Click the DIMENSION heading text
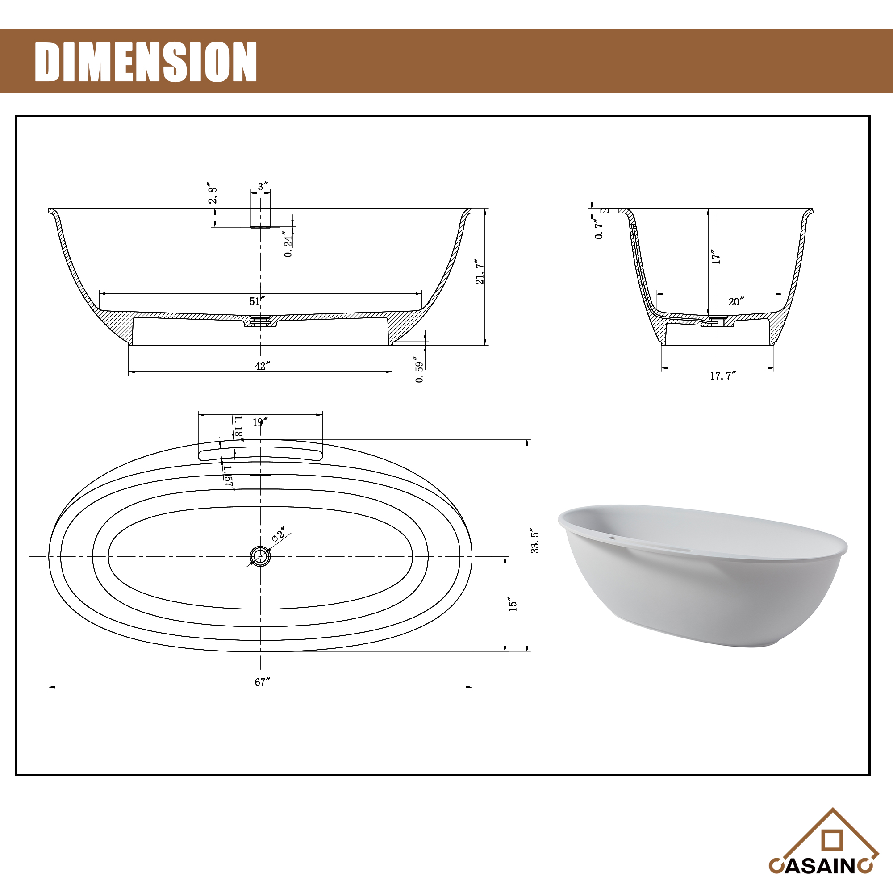pos(146,62)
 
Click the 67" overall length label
pos(262,682)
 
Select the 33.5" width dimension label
pos(535,540)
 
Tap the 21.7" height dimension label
pos(480,272)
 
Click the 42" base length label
pos(262,366)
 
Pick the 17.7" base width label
pos(722,376)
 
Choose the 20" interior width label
pos(736,302)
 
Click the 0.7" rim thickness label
pos(599,229)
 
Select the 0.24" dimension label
pos(288,244)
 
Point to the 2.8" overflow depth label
pos(212,193)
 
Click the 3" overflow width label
pos(263,186)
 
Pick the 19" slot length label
pos(260,422)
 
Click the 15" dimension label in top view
pos(513,604)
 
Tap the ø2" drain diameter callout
pos(279,534)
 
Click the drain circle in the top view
pos(260,556)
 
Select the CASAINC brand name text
pos(820,866)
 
